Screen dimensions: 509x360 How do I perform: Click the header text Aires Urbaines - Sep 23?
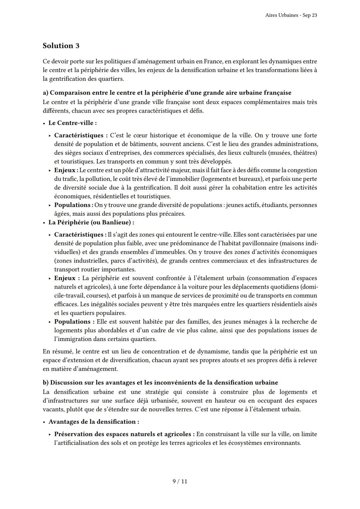point(291,15)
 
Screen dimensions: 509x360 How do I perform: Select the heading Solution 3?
point(61,46)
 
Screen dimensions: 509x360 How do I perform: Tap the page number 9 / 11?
point(180,481)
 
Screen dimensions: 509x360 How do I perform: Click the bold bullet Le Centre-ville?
point(72,123)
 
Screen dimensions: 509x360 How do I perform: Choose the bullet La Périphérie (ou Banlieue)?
point(91,222)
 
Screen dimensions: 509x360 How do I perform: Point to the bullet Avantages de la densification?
point(94,422)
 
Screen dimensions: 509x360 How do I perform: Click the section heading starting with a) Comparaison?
point(167,93)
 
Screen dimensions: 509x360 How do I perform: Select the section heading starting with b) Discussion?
point(160,382)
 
